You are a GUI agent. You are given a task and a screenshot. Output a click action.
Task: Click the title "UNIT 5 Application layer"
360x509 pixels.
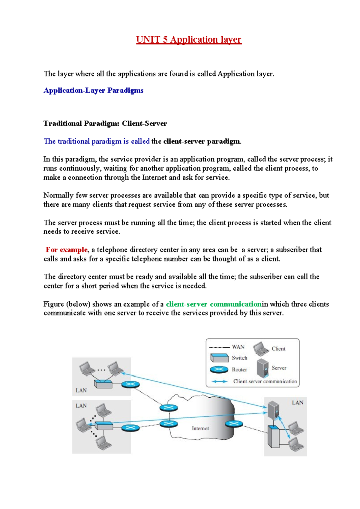(x=189, y=40)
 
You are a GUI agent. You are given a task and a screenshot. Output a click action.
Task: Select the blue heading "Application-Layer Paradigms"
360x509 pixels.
(x=93, y=90)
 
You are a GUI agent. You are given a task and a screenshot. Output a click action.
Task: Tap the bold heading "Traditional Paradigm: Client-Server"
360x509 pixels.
(x=105, y=123)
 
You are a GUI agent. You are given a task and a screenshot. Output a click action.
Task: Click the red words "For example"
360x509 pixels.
(x=67, y=250)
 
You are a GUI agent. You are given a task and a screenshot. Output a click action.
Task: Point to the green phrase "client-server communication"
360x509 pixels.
(x=214, y=304)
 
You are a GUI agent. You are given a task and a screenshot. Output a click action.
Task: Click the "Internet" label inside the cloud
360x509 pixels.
(x=200, y=428)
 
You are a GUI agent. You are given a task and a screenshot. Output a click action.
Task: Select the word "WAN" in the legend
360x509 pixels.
(x=238, y=347)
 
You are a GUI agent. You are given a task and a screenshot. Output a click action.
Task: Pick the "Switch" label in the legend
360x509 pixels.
(x=239, y=358)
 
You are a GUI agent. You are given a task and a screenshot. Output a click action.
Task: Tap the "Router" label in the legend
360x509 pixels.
(x=239, y=369)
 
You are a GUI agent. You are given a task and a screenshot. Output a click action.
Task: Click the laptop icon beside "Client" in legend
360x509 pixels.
(x=261, y=348)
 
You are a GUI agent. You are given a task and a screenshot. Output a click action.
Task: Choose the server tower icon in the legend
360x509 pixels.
(x=262, y=368)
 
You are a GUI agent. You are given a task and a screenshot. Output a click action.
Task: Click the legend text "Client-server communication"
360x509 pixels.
(x=265, y=381)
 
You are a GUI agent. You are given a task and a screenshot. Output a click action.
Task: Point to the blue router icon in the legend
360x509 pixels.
(x=219, y=369)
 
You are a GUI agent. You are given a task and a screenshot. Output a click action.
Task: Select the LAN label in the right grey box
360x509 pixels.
(x=298, y=403)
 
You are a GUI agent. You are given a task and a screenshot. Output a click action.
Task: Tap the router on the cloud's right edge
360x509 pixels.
(x=234, y=424)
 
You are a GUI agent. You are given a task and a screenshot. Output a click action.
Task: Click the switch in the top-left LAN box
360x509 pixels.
(x=103, y=384)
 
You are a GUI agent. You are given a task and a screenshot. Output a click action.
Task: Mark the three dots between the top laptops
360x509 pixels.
(x=101, y=370)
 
